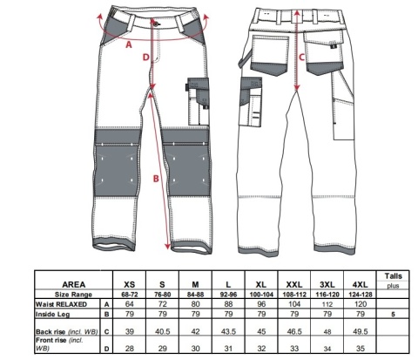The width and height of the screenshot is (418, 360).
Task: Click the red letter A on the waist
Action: click(129, 44)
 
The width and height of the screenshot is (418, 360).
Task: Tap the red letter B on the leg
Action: click(156, 179)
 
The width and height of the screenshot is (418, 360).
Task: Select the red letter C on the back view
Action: click(302, 58)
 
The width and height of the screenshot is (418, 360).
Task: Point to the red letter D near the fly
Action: click(145, 58)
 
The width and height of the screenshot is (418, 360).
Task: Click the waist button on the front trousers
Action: click(156, 24)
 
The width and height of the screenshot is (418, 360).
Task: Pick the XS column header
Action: click(130, 284)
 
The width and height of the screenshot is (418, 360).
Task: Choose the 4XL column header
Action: click(361, 284)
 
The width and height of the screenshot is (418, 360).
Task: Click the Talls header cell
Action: click(394, 276)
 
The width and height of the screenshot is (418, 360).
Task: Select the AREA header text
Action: click(74, 284)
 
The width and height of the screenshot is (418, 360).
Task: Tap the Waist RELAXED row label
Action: click(61, 304)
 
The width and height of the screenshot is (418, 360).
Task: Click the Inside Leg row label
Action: click(52, 315)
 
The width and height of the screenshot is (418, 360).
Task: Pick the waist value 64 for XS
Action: click(130, 304)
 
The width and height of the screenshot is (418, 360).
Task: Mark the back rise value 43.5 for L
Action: click(228, 331)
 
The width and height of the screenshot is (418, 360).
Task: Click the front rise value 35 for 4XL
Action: click(361, 348)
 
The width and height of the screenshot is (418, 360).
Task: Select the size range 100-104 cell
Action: click(261, 295)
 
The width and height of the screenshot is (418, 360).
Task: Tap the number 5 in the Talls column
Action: click(393, 315)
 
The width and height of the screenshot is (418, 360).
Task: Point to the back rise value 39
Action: click(130, 331)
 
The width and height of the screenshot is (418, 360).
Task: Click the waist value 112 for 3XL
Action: click(327, 304)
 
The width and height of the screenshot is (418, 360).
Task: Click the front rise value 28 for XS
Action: click(130, 348)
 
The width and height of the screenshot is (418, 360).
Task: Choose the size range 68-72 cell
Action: click(130, 295)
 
